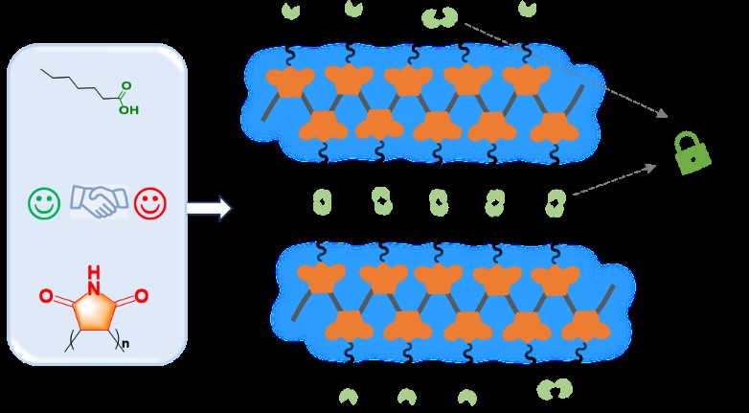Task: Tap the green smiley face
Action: click(x=44, y=202)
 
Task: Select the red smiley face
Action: click(x=149, y=202)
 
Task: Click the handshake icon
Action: click(x=97, y=200)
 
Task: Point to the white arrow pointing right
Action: click(x=209, y=208)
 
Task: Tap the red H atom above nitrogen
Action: click(x=94, y=271)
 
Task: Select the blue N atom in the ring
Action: click(x=94, y=287)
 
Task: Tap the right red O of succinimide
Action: click(x=141, y=296)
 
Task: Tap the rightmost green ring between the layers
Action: click(x=556, y=201)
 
